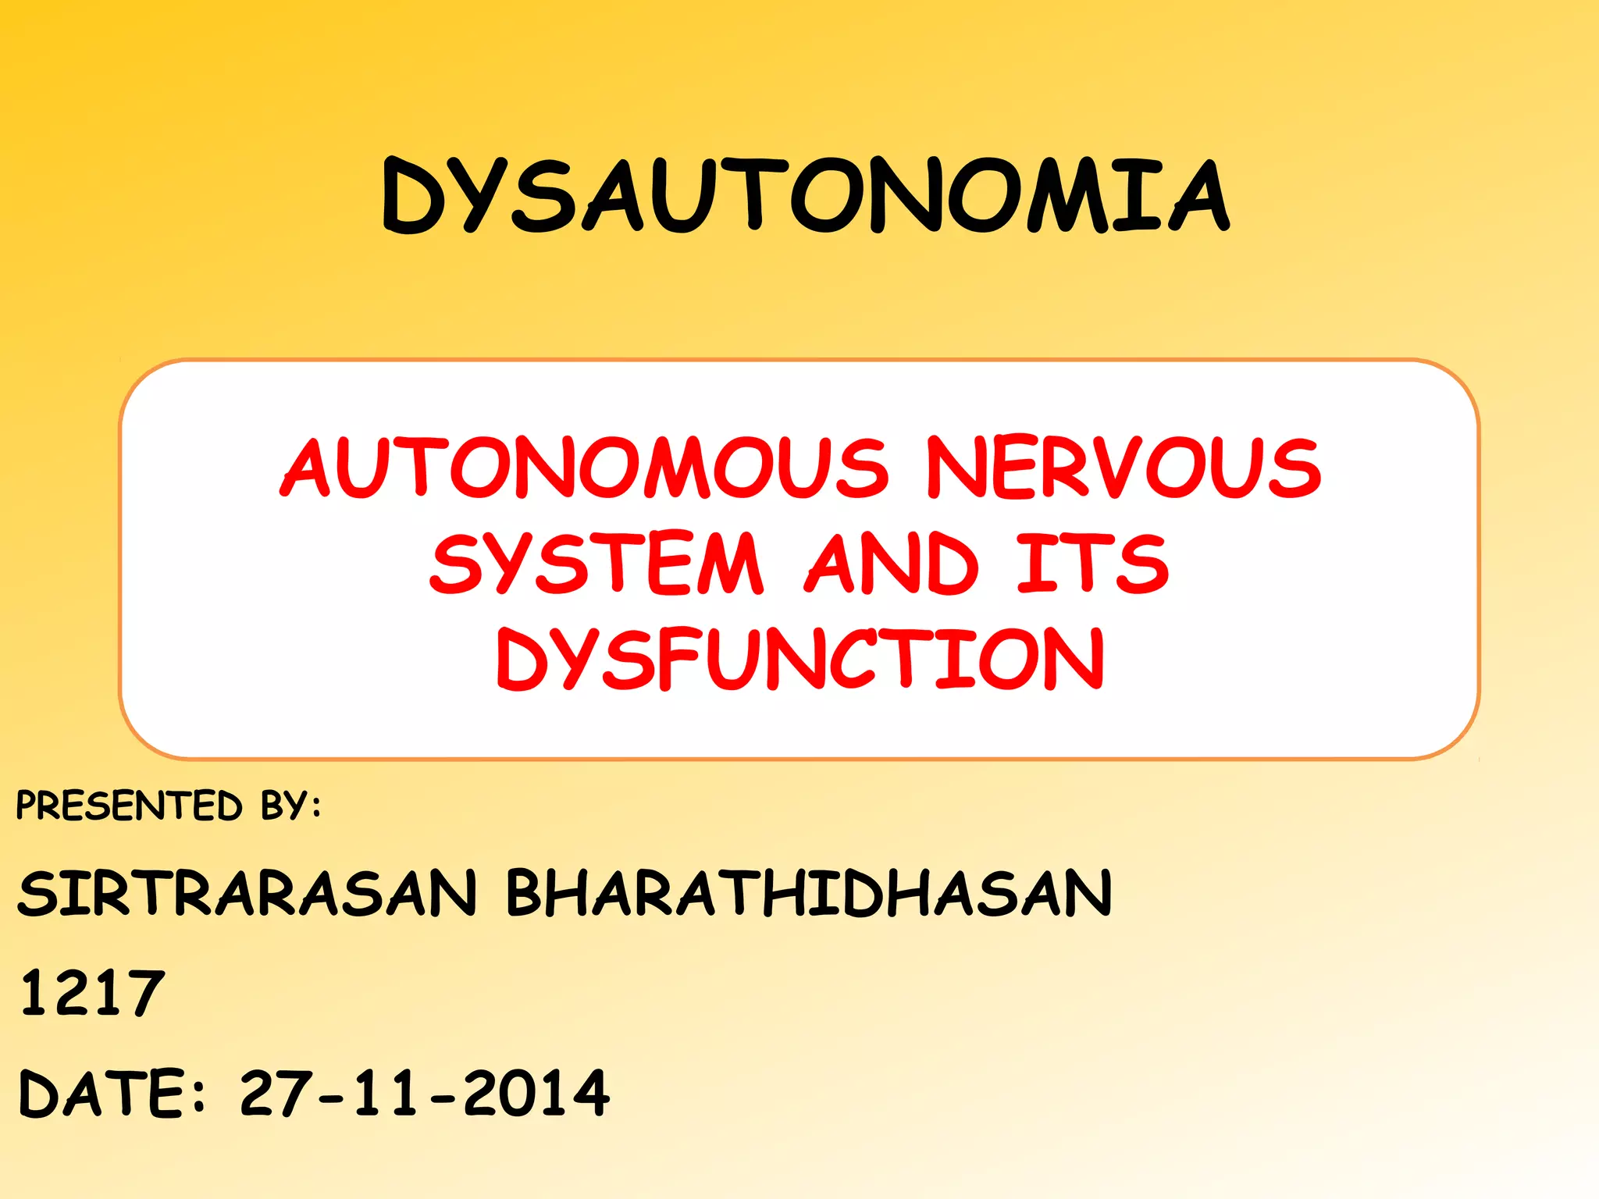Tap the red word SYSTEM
596,563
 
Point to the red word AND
892,563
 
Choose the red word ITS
1093,563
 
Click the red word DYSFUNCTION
800,660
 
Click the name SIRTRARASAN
247,893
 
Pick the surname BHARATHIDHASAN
809,893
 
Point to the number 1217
92,993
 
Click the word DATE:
112,1093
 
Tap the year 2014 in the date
536,1093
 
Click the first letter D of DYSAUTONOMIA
413,197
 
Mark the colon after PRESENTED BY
315,807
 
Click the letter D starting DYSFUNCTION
522,660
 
